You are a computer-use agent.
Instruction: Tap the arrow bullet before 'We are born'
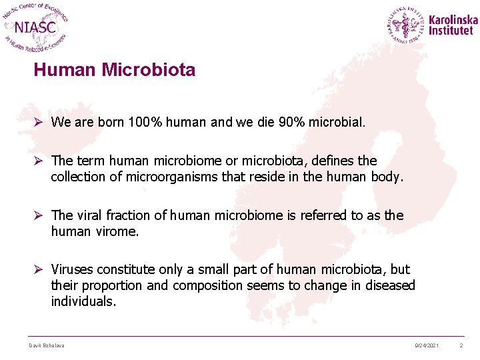(39, 122)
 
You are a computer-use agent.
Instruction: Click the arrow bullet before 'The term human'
(39, 161)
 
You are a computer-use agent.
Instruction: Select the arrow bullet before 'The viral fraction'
(39, 215)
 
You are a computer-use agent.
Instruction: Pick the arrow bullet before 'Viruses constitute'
(39, 269)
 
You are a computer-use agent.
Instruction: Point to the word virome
(116, 231)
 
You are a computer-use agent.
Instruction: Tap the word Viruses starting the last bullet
(71, 269)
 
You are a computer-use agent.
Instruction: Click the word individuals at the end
(83, 301)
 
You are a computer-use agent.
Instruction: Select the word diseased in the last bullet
(391, 285)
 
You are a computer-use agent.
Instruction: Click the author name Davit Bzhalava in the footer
(46, 345)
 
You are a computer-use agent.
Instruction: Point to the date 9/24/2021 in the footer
(426, 345)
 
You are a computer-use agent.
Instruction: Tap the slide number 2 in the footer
(461, 345)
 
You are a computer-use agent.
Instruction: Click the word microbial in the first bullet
(341, 122)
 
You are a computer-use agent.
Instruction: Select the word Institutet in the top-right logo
(451, 31)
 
